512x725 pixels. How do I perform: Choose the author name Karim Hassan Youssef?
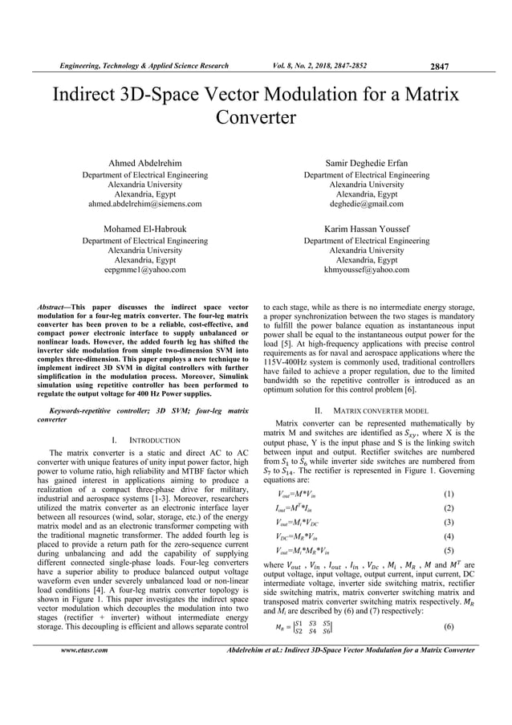pos(366,228)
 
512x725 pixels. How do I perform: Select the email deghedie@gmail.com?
pos(366,205)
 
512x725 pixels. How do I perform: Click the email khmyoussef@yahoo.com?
pos(366,271)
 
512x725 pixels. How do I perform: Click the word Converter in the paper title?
pos(256,118)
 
